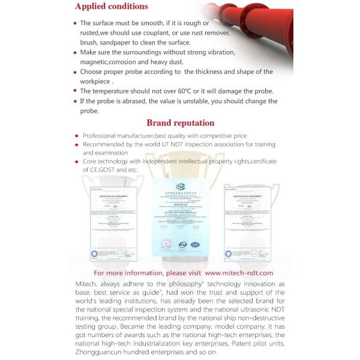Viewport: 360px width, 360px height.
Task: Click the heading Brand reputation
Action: (180, 123)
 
